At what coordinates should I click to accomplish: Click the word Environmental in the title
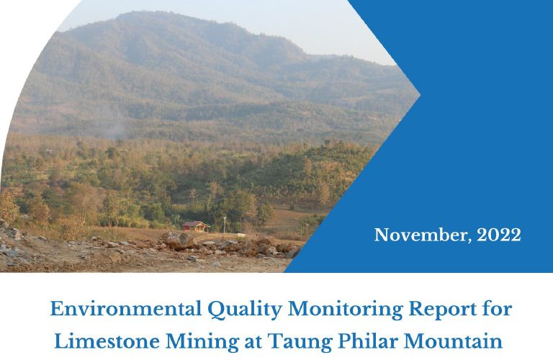(126, 309)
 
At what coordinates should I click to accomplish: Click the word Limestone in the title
(107, 341)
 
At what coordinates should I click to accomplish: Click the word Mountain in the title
(453, 341)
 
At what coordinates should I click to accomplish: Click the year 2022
(499, 235)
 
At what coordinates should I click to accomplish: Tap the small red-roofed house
(196, 226)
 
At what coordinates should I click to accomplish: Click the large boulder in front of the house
(177, 240)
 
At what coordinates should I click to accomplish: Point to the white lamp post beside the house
(225, 224)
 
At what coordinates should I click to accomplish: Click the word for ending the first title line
(497, 309)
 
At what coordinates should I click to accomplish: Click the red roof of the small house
(195, 224)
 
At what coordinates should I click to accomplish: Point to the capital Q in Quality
(216, 310)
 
